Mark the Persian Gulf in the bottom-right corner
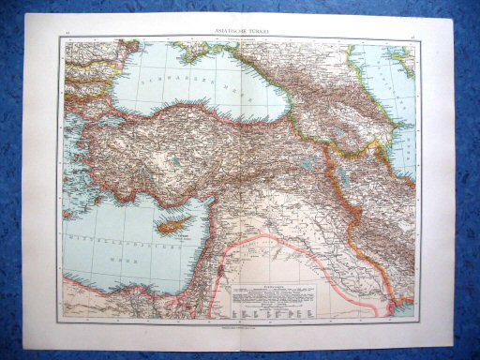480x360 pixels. (403, 306)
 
